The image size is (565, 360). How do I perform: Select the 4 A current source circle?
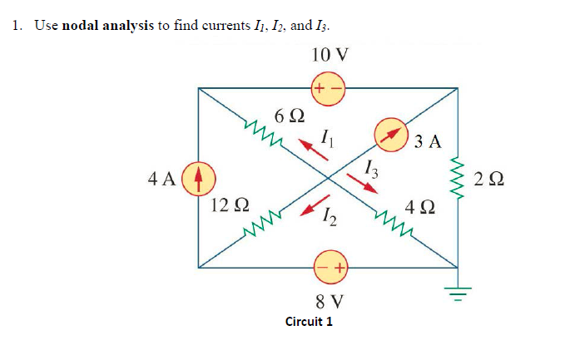pos(198,177)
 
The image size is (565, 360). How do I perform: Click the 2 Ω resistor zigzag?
pos(456,177)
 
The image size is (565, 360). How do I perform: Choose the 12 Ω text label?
pos(229,205)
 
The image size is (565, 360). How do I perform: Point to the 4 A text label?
pos(161,178)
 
